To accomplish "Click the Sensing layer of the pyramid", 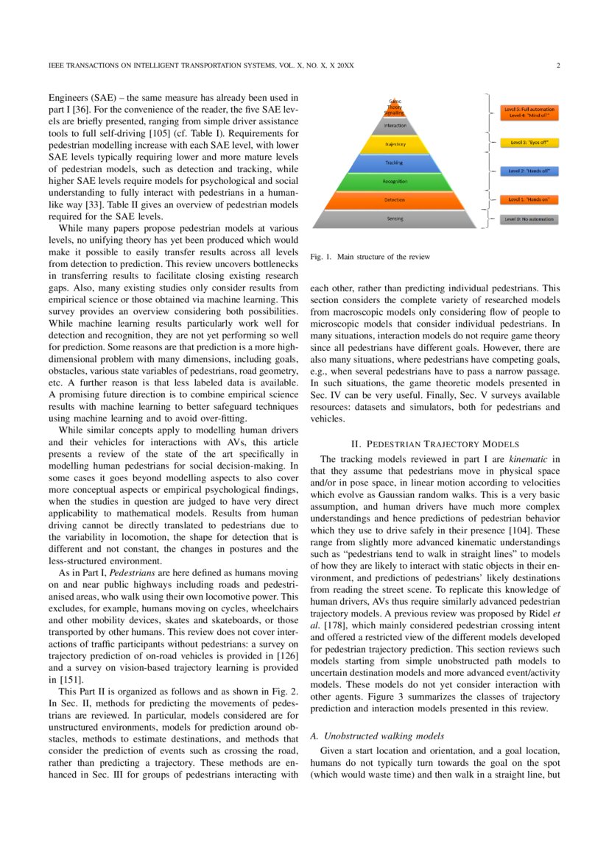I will click(395, 219).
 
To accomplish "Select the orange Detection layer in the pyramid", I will click(395, 199).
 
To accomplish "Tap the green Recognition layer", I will click(395, 180).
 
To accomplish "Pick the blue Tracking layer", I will click(395, 162).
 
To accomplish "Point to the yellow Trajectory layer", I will click(395, 144).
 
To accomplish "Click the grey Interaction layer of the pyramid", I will click(395, 126).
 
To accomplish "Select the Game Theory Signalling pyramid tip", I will click(395, 107).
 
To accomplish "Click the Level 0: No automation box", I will click(529, 219).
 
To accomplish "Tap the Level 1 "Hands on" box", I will click(529, 199).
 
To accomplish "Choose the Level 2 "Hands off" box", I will click(529, 171).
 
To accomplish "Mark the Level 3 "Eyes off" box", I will click(529, 142).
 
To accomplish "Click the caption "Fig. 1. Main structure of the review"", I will click(370, 257).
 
